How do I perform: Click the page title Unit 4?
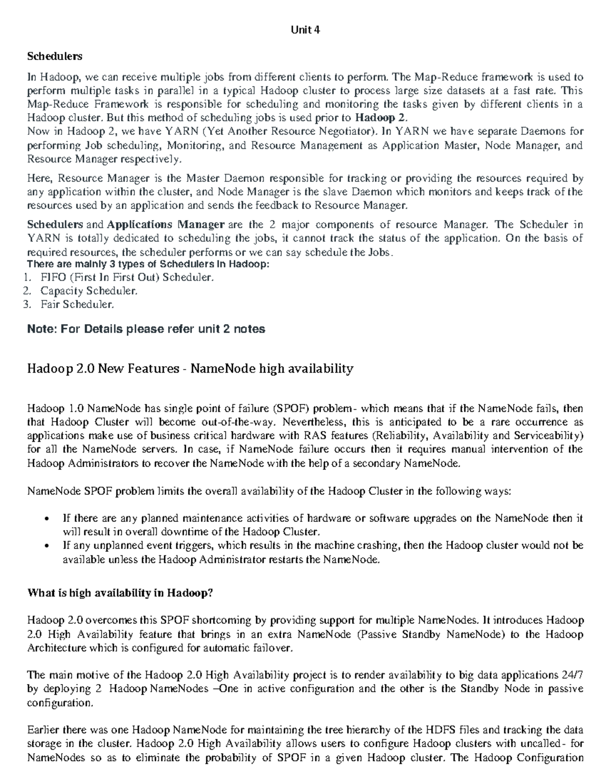coord(306,30)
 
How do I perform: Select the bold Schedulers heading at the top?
coord(55,56)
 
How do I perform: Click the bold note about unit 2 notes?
coord(146,329)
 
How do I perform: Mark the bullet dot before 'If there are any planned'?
coord(47,519)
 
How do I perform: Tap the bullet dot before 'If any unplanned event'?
coord(47,546)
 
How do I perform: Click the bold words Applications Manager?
coord(166,224)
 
